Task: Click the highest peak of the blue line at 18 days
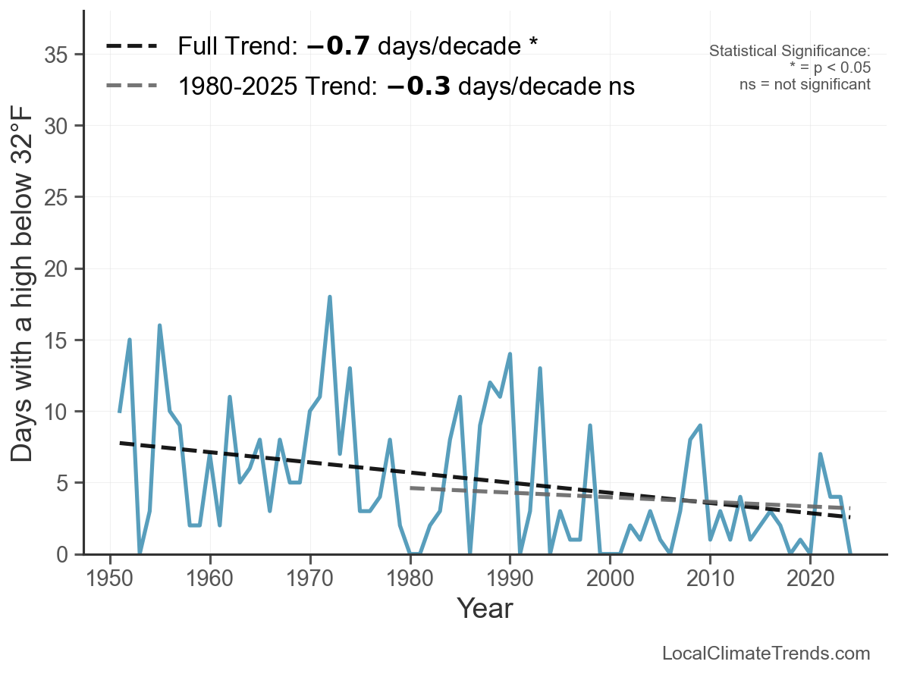tap(330, 297)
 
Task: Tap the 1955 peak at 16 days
tap(160, 325)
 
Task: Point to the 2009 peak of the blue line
tap(700, 425)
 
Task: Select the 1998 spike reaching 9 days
tap(590, 425)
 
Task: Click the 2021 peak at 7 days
tap(820, 454)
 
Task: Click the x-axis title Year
tap(485, 608)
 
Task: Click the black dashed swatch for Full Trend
tap(132, 46)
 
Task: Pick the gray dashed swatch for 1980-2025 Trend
tap(132, 86)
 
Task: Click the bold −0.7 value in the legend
tap(338, 46)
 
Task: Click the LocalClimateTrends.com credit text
tap(766, 653)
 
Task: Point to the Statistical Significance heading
tap(790, 52)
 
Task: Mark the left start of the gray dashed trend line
tap(410, 488)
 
